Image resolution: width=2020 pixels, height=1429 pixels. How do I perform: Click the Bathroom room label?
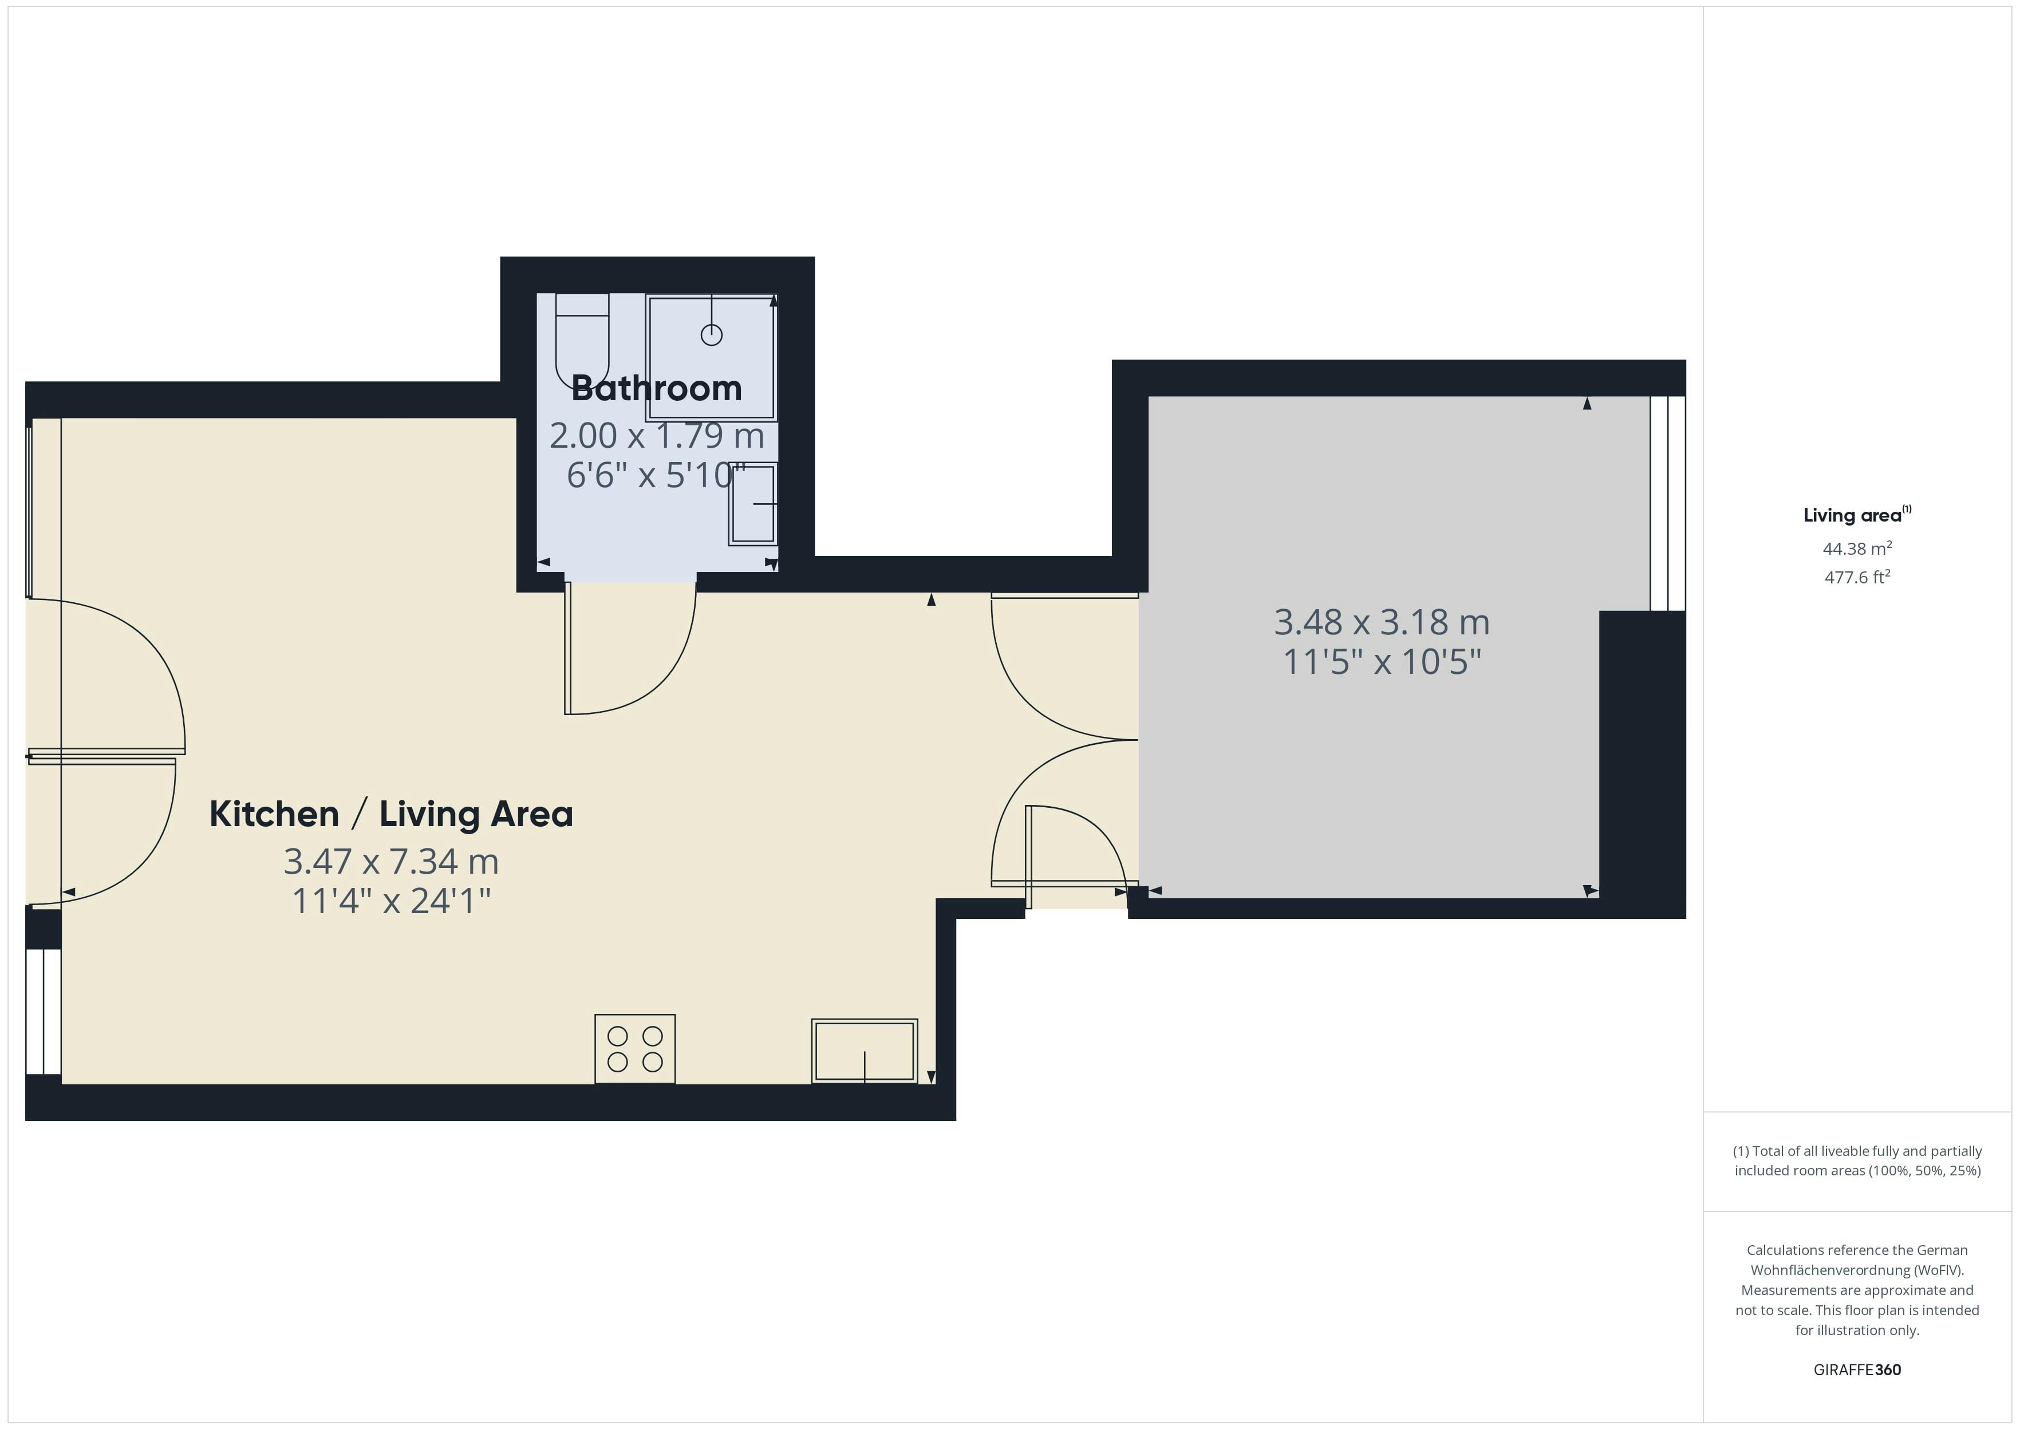coord(656,389)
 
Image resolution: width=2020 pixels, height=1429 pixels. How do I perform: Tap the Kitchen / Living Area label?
coord(390,814)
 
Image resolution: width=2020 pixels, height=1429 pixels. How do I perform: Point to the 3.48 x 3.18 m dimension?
coord(1381,622)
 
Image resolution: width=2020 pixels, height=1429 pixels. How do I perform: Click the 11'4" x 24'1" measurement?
coord(390,901)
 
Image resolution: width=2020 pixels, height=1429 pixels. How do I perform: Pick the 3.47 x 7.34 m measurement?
coord(390,862)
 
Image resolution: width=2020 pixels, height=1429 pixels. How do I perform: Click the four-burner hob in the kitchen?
coord(634,1049)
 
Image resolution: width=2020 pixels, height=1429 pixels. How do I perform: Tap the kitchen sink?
coord(864,1051)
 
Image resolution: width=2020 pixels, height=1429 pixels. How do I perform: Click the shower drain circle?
coord(711,334)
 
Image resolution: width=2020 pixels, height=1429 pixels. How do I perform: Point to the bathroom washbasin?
coord(753,504)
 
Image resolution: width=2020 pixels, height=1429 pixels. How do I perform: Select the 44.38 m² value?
coord(1856,549)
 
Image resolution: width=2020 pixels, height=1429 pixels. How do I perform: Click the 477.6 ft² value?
coord(1856,577)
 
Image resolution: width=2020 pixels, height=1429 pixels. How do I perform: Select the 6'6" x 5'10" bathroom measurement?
coord(656,476)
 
